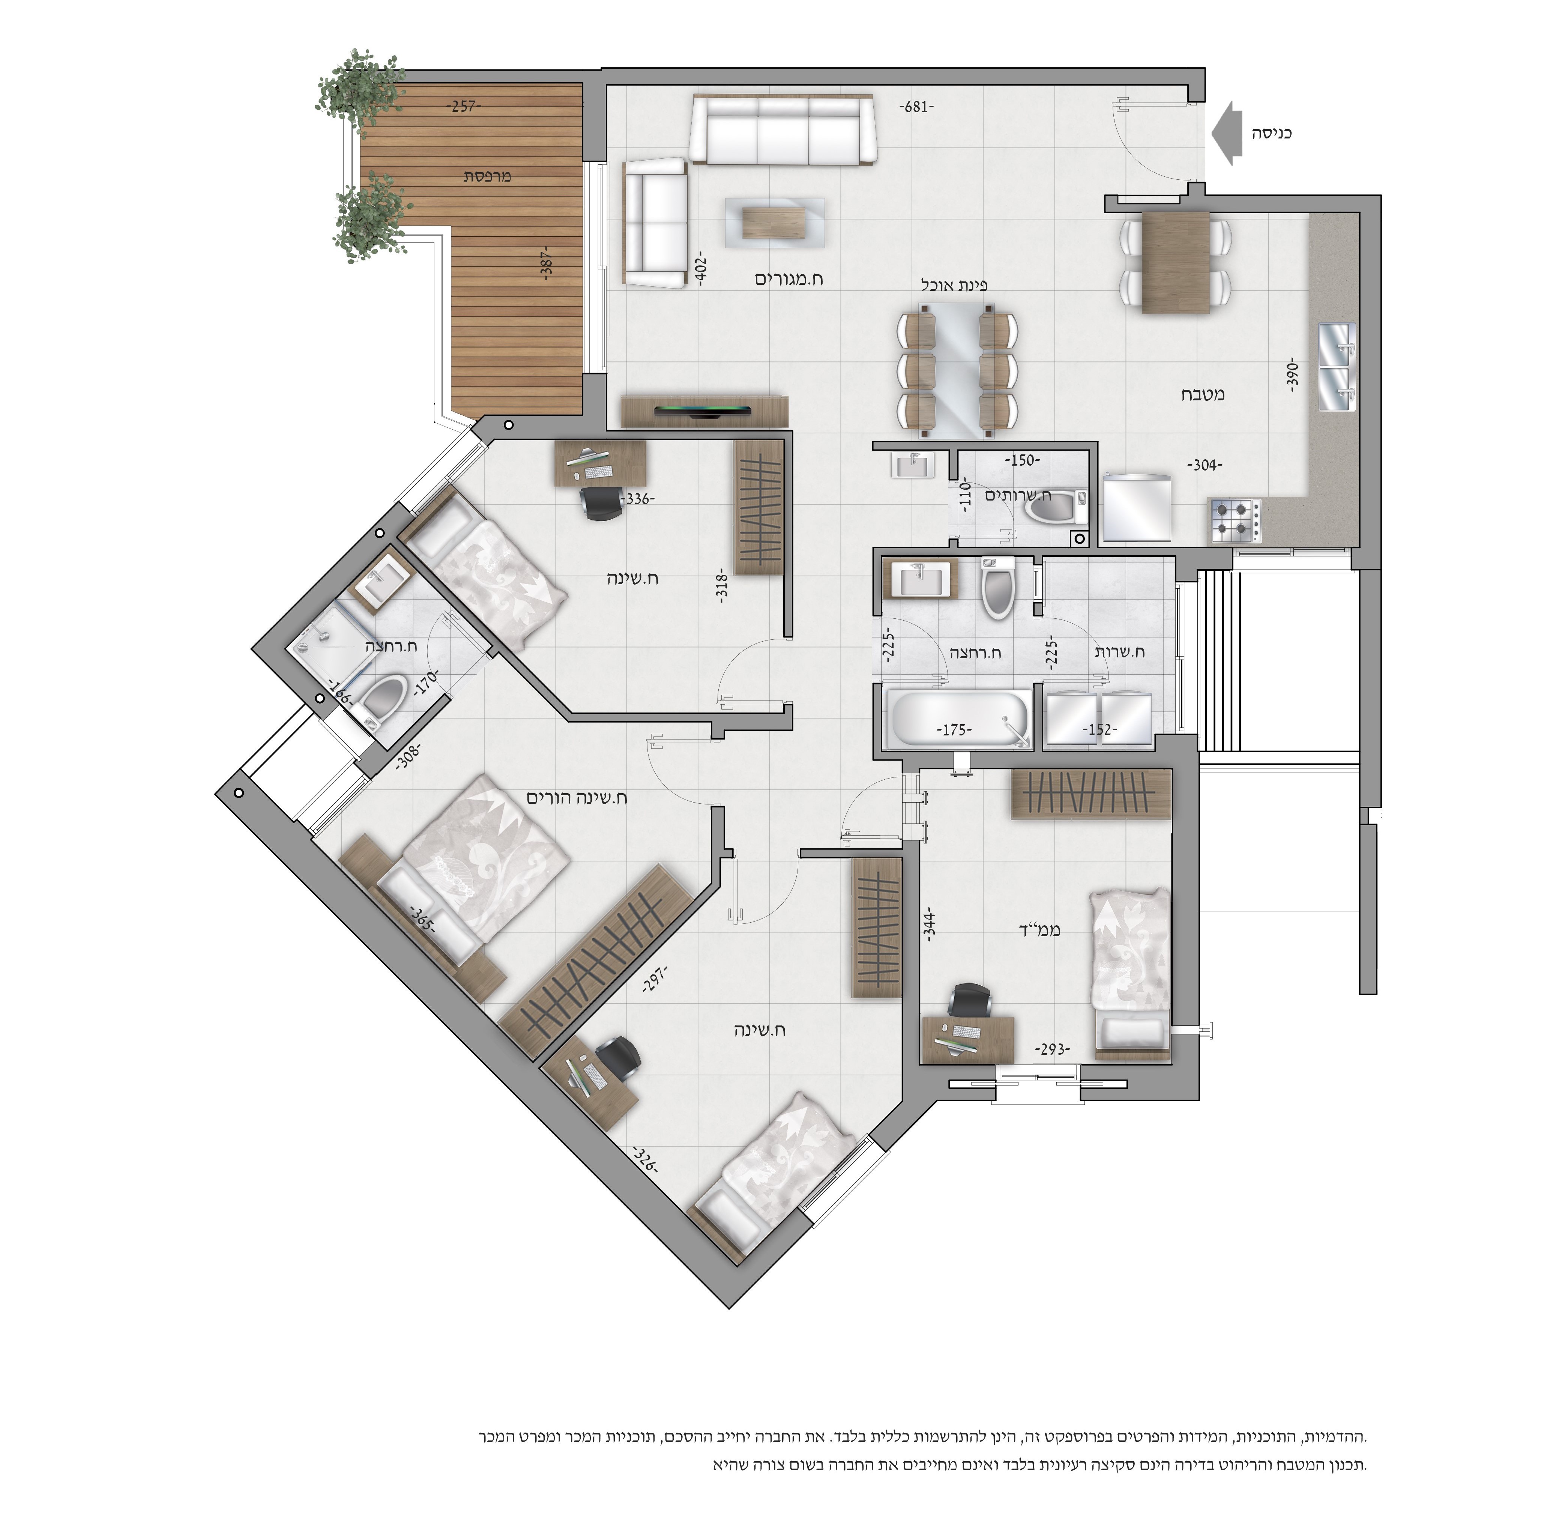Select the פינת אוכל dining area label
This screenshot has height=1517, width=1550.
(954, 284)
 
